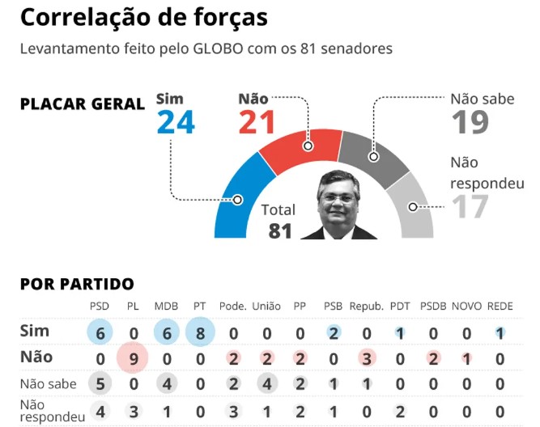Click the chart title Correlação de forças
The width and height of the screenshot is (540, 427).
pyautogui.click(x=143, y=17)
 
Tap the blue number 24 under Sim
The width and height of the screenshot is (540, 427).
pyautogui.click(x=176, y=122)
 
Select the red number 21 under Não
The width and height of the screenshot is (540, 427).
pyautogui.click(x=257, y=122)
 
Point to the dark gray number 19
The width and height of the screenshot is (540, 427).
pyautogui.click(x=470, y=122)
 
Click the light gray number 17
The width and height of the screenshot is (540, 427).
pyautogui.click(x=470, y=207)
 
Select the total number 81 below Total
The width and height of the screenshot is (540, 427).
pyautogui.click(x=279, y=231)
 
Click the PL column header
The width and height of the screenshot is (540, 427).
pyautogui.click(x=134, y=307)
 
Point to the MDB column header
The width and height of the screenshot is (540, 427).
pyautogui.click(x=166, y=307)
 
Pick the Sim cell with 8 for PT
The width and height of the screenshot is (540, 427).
pyautogui.click(x=200, y=332)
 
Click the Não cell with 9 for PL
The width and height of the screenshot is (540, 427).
pyautogui.click(x=133, y=357)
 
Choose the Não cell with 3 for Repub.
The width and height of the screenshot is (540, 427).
pyautogui.click(x=367, y=357)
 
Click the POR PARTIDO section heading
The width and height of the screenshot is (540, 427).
pyautogui.click(x=77, y=284)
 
